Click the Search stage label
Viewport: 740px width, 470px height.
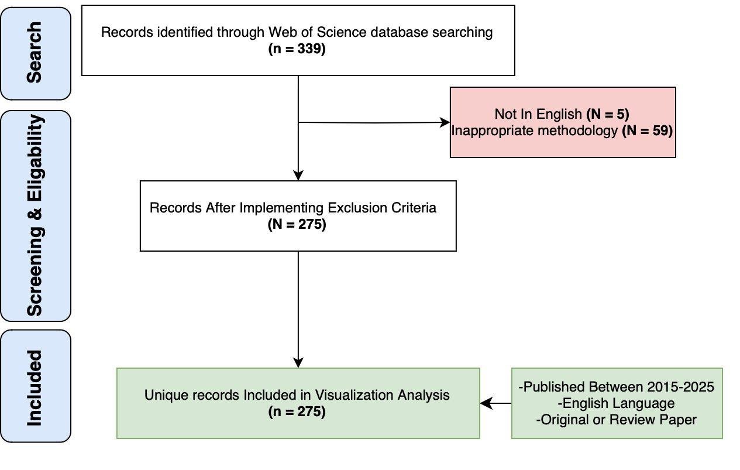(35, 53)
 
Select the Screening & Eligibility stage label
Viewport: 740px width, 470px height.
(35, 215)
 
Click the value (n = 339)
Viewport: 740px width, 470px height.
(297, 49)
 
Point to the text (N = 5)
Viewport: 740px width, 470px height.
(607, 114)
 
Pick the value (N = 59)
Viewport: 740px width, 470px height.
(647, 131)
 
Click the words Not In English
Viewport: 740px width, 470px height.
(538, 114)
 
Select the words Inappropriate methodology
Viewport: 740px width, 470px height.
(534, 131)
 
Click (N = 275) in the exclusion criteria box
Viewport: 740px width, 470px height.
(297, 224)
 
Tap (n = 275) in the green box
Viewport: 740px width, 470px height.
(297, 411)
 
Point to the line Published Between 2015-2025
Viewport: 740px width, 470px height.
(617, 387)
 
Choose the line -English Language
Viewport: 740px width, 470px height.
(617, 403)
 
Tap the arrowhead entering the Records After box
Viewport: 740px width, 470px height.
(298, 175)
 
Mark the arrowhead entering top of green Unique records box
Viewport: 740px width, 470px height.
(298, 362)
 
